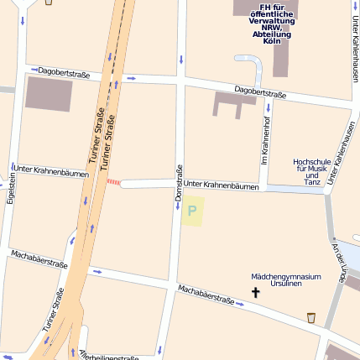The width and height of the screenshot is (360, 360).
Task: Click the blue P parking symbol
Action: click(192, 211)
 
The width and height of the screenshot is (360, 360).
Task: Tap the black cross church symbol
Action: click(256, 292)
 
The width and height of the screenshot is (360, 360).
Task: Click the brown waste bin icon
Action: click(311, 318)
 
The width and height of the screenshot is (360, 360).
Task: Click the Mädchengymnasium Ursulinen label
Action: click(285, 279)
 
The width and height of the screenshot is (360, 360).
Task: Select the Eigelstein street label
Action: click(11, 189)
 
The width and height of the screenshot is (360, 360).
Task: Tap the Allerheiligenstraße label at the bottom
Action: click(109, 356)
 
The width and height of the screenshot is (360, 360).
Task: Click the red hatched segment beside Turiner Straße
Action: click(112, 182)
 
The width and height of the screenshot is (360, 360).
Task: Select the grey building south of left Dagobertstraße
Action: click(49, 93)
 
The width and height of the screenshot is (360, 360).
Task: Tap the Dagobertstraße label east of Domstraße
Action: click(260, 91)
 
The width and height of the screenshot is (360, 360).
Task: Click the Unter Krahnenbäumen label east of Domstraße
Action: click(221, 185)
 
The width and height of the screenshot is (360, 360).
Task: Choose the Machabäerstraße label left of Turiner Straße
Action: click(39, 258)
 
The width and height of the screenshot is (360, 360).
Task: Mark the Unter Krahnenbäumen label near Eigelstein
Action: click(51, 174)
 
